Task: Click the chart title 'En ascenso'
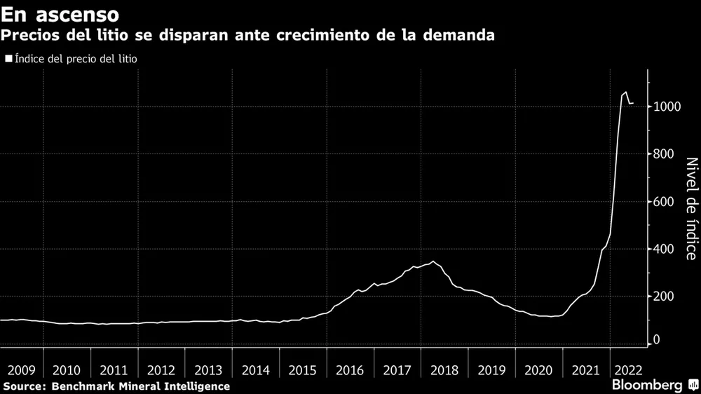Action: click(59, 14)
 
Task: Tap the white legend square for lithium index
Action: click(8, 60)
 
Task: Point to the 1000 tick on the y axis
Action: click(667, 107)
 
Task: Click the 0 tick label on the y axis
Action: click(658, 340)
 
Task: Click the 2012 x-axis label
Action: click(161, 369)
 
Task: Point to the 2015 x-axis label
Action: click(303, 369)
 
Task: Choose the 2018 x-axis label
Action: click(444, 369)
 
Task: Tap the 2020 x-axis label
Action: click(538, 369)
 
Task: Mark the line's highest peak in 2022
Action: click(625, 92)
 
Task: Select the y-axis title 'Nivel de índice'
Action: click(690, 208)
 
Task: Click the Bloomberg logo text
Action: click(647, 385)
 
